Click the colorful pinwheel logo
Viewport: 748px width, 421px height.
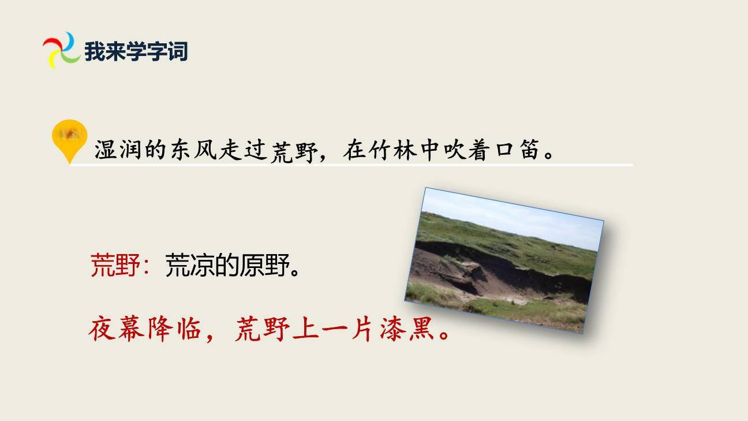[61, 50]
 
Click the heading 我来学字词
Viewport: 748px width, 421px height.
[136, 51]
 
